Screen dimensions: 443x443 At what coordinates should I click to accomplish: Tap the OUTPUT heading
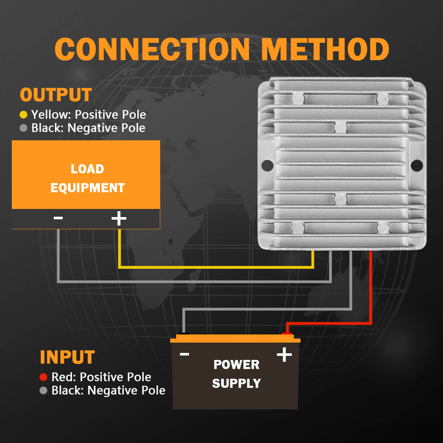click(x=56, y=95)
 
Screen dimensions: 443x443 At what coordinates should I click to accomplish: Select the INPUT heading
click(x=67, y=357)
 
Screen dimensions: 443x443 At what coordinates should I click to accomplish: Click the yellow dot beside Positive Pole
click(x=23, y=115)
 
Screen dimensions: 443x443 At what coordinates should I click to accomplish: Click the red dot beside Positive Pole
click(x=43, y=377)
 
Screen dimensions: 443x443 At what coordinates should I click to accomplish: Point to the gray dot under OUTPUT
click(x=23, y=128)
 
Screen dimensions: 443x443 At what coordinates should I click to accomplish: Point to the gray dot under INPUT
click(x=43, y=390)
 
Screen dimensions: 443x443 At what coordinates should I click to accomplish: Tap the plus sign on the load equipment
click(x=119, y=219)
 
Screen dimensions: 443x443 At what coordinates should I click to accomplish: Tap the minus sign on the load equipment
click(x=58, y=218)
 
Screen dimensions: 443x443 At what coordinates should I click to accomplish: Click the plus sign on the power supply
click(x=284, y=355)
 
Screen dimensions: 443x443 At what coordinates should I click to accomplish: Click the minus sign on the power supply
click(x=184, y=354)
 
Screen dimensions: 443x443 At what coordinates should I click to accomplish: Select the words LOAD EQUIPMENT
click(x=87, y=178)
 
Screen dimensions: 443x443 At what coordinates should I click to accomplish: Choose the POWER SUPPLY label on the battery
click(x=236, y=374)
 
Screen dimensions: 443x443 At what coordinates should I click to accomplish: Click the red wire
click(x=370, y=288)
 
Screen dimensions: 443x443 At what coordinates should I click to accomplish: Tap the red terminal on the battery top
click(x=287, y=334)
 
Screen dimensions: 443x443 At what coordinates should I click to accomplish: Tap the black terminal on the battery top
click(x=183, y=334)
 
